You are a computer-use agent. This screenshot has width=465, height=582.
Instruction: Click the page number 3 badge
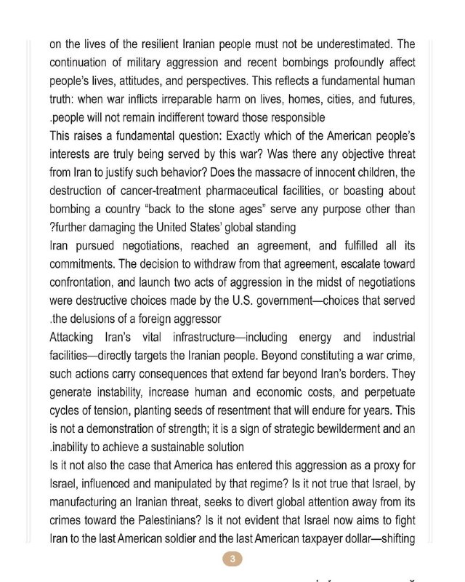pyautogui.click(x=232, y=559)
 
